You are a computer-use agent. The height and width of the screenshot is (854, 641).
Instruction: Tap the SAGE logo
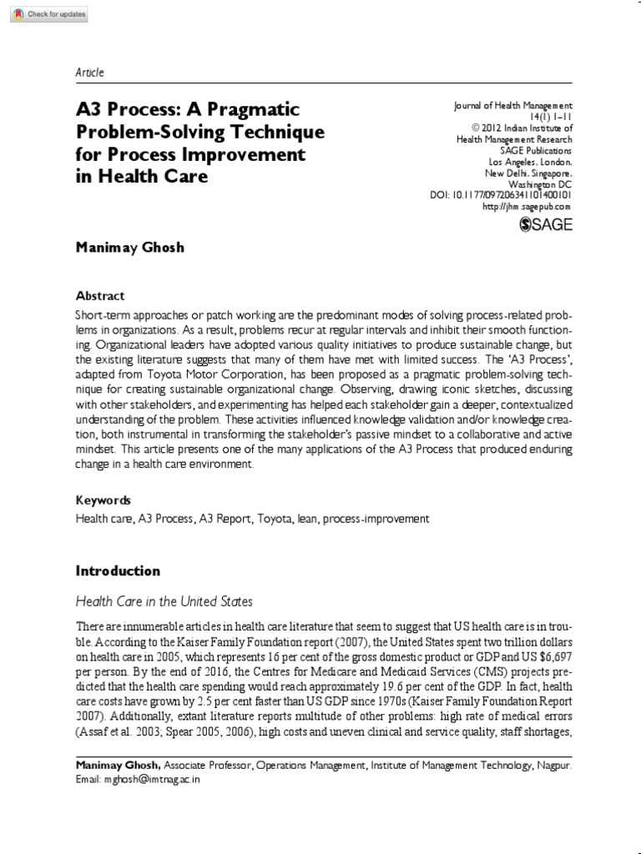click(x=545, y=224)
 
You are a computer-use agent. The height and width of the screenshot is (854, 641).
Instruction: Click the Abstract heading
click(x=100, y=295)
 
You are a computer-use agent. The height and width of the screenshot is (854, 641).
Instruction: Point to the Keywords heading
click(x=103, y=500)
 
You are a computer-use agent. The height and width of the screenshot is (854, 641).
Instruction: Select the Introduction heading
click(x=118, y=571)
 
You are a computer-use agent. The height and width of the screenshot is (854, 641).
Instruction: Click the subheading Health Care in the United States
click(x=164, y=601)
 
